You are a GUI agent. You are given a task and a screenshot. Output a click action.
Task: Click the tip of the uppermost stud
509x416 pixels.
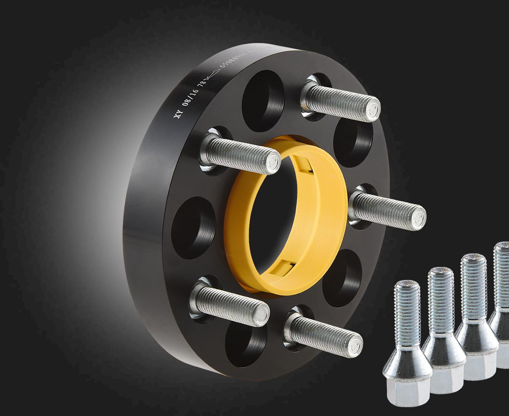(373, 108)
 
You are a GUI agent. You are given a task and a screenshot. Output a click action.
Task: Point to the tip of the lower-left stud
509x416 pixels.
(262, 314)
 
